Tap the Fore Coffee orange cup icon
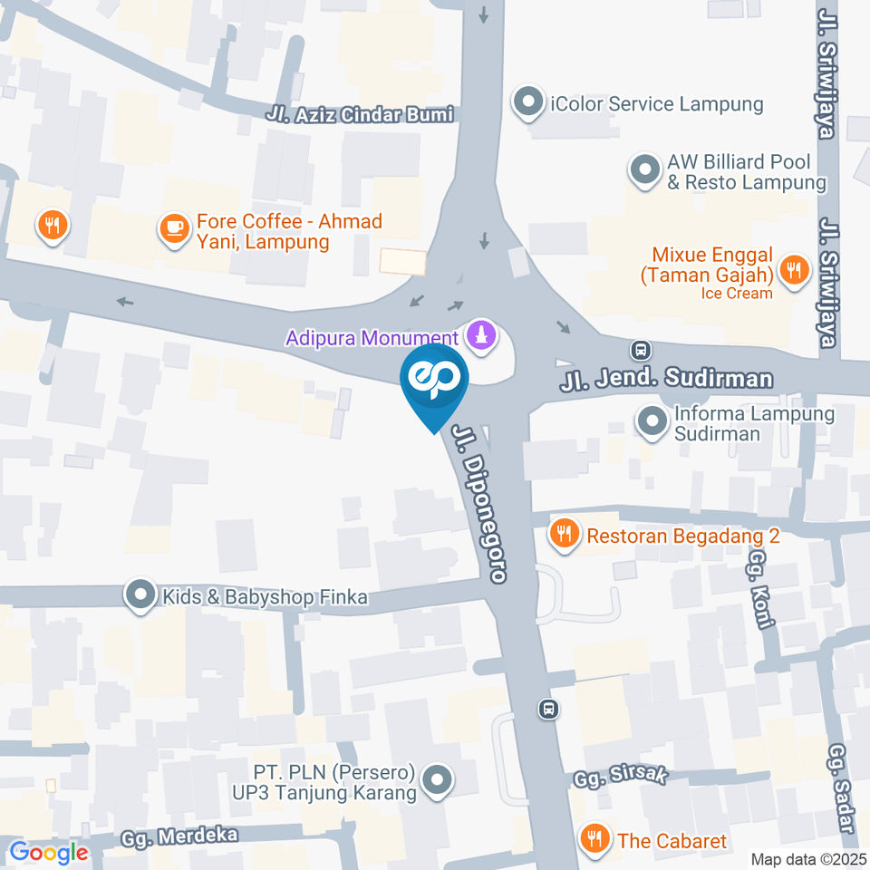click(x=172, y=228)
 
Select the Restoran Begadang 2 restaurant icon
click(x=565, y=535)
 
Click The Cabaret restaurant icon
click(x=594, y=840)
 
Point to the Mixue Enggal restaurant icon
click(x=794, y=270)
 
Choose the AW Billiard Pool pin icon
click(x=644, y=169)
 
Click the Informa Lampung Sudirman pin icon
click(x=651, y=422)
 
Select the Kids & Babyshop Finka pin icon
click(x=140, y=596)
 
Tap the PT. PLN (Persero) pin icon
click(x=439, y=779)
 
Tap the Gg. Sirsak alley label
click(x=622, y=777)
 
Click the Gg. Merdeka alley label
click(x=193, y=835)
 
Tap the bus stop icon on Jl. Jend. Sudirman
click(x=642, y=349)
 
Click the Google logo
click(x=48, y=852)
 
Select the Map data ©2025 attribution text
click(x=807, y=859)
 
